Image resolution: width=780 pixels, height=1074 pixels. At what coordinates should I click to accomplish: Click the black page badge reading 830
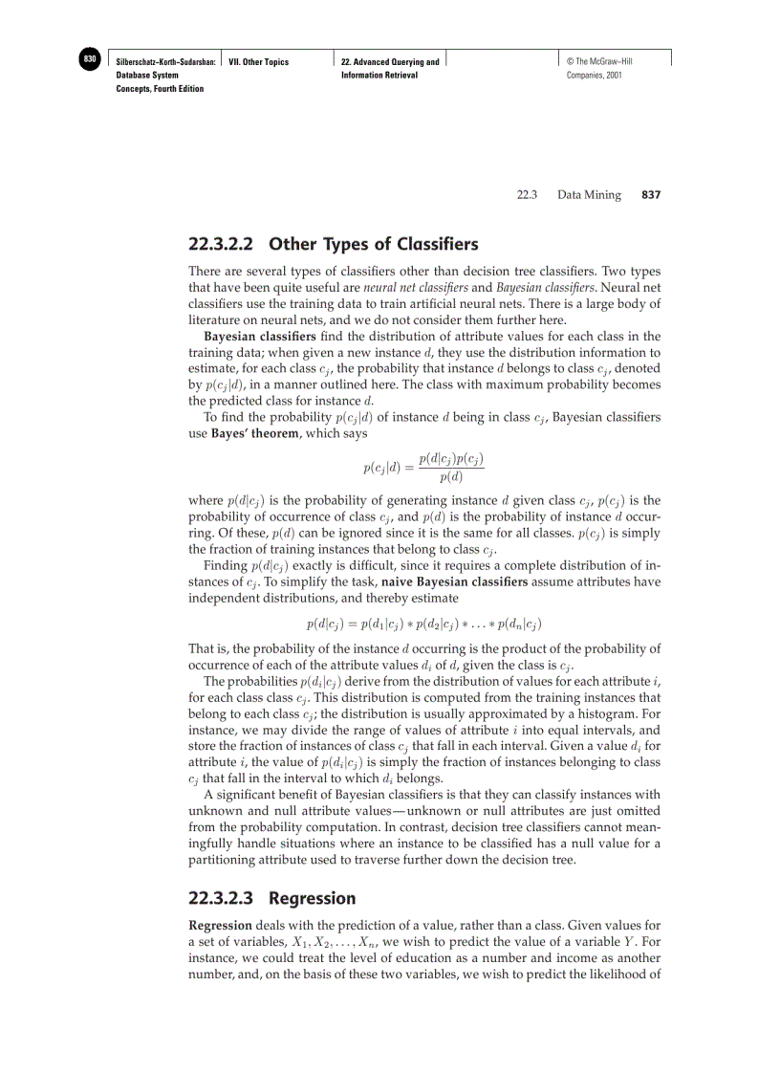pyautogui.click(x=90, y=59)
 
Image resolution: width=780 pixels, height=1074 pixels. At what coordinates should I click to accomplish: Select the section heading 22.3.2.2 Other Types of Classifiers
pyautogui.click(x=334, y=244)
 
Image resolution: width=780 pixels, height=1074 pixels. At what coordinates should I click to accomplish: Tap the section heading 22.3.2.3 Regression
pyautogui.click(x=272, y=898)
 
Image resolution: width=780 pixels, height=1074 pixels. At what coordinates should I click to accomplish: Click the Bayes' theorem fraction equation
pyautogui.click(x=423, y=468)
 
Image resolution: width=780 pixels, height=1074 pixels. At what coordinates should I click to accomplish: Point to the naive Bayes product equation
pyautogui.click(x=423, y=625)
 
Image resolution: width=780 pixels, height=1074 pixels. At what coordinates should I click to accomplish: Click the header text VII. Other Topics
pyautogui.click(x=259, y=62)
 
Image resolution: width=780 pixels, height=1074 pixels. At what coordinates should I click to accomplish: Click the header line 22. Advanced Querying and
pyautogui.click(x=390, y=62)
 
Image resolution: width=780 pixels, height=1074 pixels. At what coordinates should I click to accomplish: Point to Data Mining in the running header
pyautogui.click(x=589, y=195)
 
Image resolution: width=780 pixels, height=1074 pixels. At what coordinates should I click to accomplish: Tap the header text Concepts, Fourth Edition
pyautogui.click(x=160, y=89)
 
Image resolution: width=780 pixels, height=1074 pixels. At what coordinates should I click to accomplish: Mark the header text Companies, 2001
pyautogui.click(x=594, y=76)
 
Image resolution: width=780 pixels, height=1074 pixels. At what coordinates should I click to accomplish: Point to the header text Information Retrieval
pyautogui.click(x=379, y=76)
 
